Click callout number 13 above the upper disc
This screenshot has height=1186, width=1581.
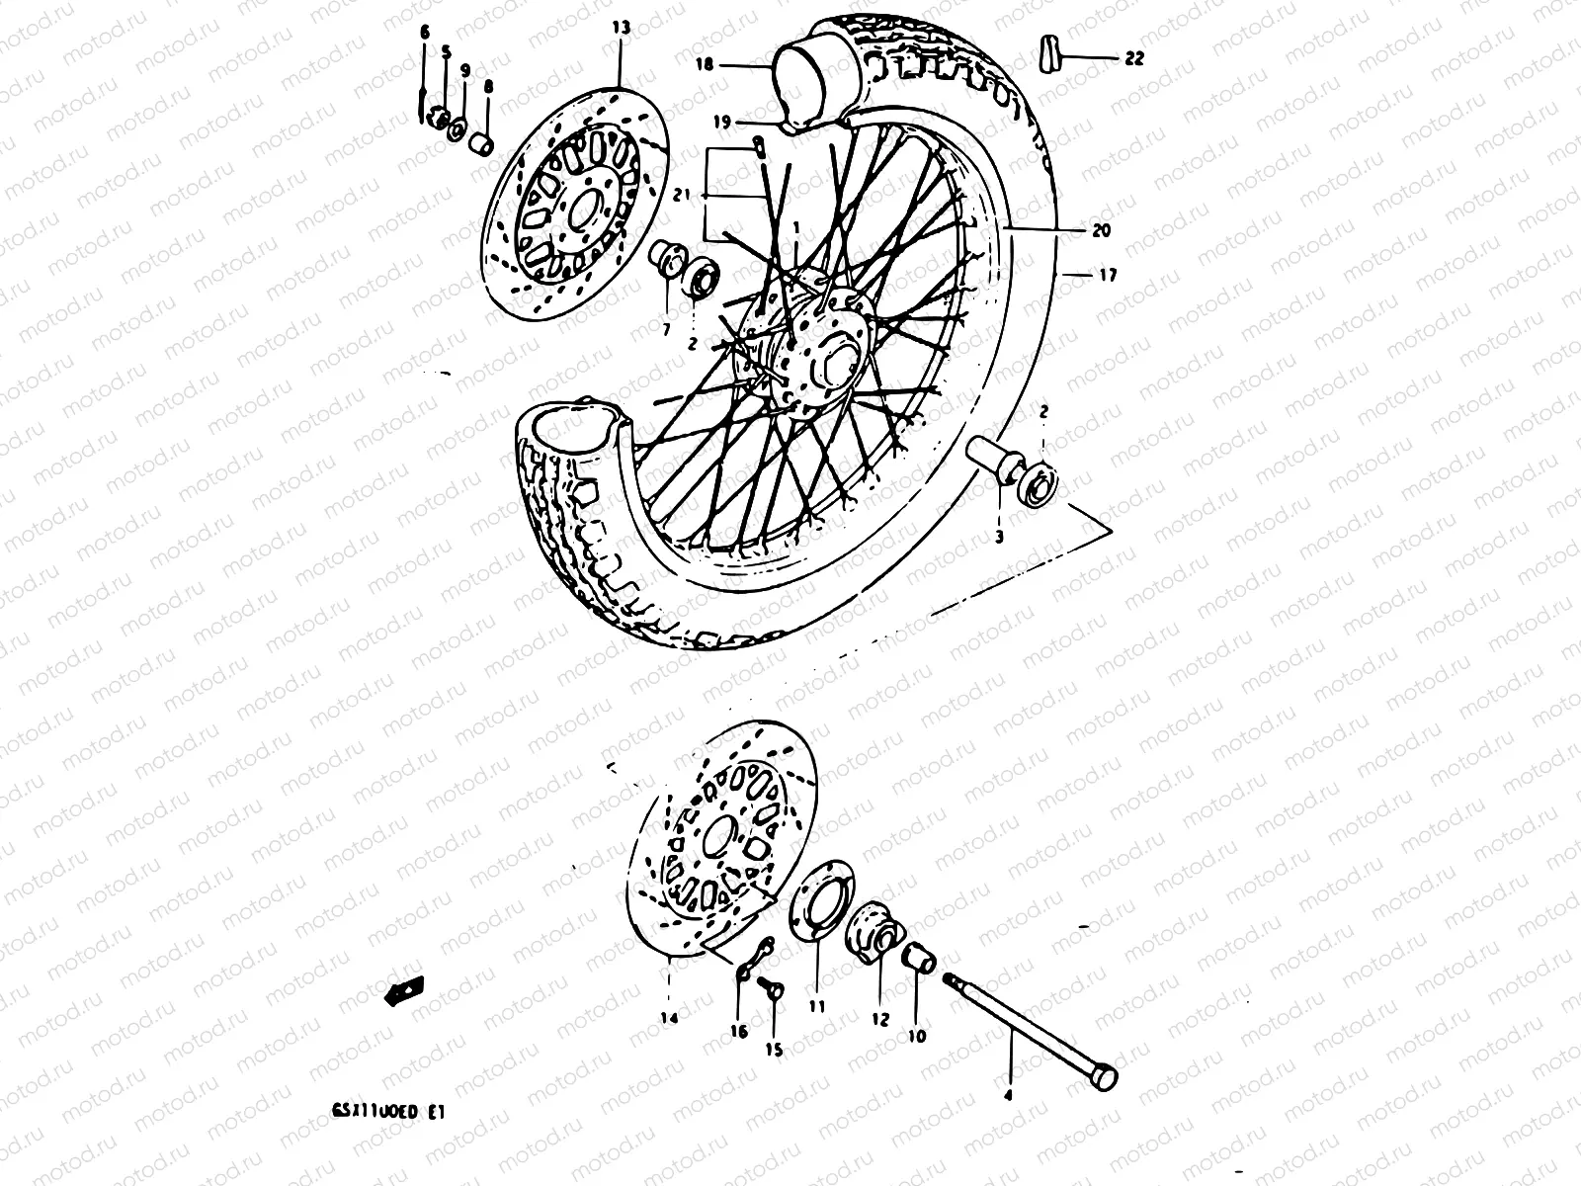point(620,28)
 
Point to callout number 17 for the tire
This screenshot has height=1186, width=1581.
point(1107,276)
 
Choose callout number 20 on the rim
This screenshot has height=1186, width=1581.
point(1101,230)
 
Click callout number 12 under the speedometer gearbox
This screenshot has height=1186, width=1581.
point(879,1019)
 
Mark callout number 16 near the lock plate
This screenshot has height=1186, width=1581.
point(738,1031)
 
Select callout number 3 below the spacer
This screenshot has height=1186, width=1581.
point(999,537)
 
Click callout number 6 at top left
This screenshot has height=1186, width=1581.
point(425,33)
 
